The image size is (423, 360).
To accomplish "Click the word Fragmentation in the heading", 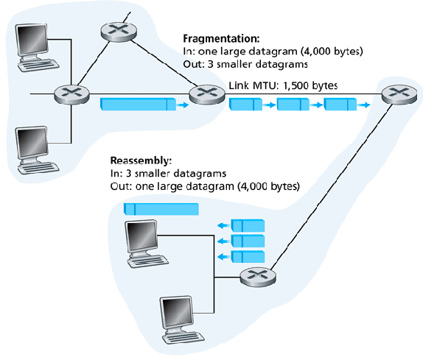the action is tap(220, 38).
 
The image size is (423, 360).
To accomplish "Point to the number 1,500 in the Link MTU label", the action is tap(296, 85).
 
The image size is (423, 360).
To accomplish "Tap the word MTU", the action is tap(265, 85).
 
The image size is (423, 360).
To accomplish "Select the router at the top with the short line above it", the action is tap(119, 32).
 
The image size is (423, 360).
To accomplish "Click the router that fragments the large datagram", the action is tap(207, 94).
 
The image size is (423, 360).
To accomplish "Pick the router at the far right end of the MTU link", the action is tap(399, 94).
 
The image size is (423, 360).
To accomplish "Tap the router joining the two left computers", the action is tap(71, 94).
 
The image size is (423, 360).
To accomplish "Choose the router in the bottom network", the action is tap(258, 277).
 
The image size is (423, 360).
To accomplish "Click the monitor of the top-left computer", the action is tap(32, 40).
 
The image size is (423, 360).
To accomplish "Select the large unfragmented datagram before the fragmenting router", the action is tap(138, 105).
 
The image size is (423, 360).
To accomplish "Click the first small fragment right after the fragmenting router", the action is tap(245, 105).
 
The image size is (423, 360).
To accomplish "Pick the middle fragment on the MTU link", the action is tap(293, 105).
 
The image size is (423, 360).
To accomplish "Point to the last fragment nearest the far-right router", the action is tap(340, 105).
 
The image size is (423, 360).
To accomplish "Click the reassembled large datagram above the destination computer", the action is tap(161, 209).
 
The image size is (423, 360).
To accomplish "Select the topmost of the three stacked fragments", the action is tap(248, 225).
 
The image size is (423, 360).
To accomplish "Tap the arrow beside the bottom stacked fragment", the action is tap(223, 257).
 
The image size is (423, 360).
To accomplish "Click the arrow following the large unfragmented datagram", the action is tap(183, 105).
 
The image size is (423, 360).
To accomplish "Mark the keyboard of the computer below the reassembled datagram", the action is tap(148, 261).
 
